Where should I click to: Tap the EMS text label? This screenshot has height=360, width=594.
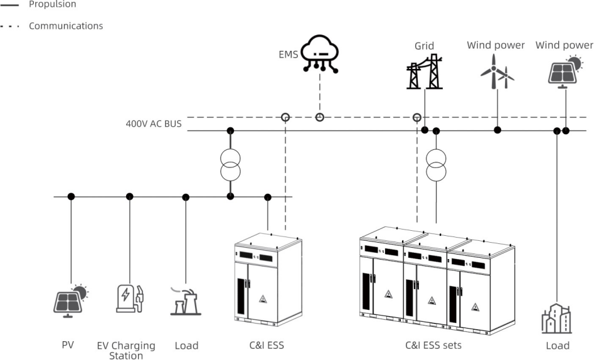tap(289, 55)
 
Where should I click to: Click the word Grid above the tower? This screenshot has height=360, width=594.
tap(424, 46)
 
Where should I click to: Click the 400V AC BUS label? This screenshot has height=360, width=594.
tap(154, 124)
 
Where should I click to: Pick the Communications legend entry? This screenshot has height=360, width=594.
tap(65, 26)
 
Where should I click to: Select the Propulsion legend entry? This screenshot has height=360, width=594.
tap(52, 4)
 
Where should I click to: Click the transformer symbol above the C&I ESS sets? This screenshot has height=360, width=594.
tap(436, 164)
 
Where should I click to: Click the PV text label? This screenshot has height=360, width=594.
tap(68, 345)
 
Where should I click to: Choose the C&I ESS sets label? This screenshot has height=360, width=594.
tap(433, 345)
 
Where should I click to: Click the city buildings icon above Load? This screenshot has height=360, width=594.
tap(556, 319)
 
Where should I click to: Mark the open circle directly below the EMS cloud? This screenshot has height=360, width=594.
tap(320, 117)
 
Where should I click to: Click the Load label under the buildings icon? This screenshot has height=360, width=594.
tap(557, 345)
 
